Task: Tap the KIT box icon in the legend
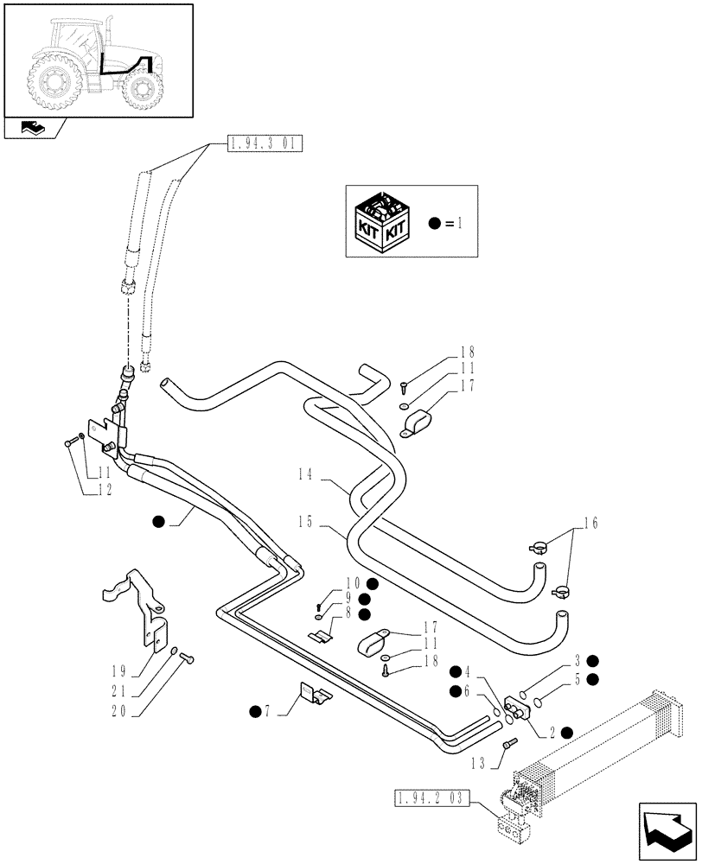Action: (381, 221)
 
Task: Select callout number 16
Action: (590, 524)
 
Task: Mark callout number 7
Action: (268, 711)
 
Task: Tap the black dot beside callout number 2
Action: (565, 732)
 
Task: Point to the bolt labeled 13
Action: (509, 742)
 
